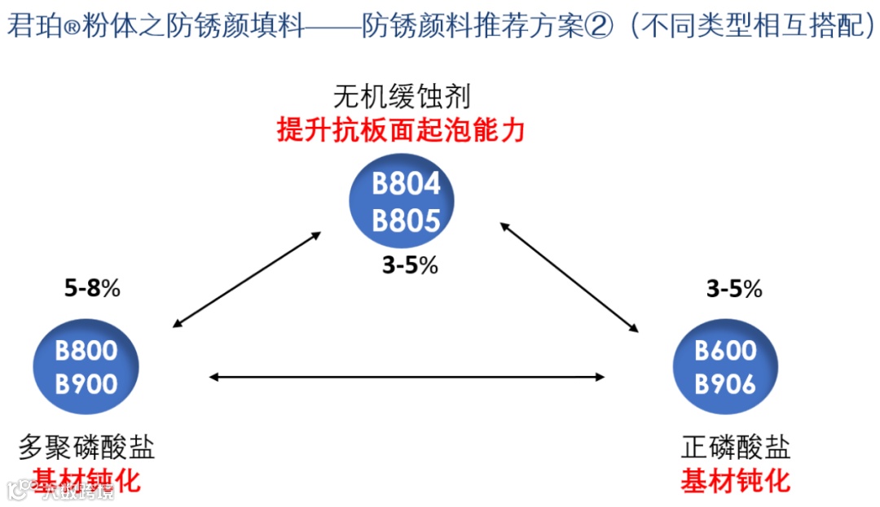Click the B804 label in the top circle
point(406,184)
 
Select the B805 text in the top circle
point(406,220)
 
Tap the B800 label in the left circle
point(86,351)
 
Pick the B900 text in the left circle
point(86,383)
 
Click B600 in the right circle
point(725,351)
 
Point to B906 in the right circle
point(725,383)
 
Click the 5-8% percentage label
point(92,288)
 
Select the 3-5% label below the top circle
point(410,266)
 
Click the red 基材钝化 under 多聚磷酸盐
point(86,479)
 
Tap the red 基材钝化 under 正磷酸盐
point(735,479)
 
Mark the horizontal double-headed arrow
point(407,376)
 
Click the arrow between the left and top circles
point(247,279)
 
